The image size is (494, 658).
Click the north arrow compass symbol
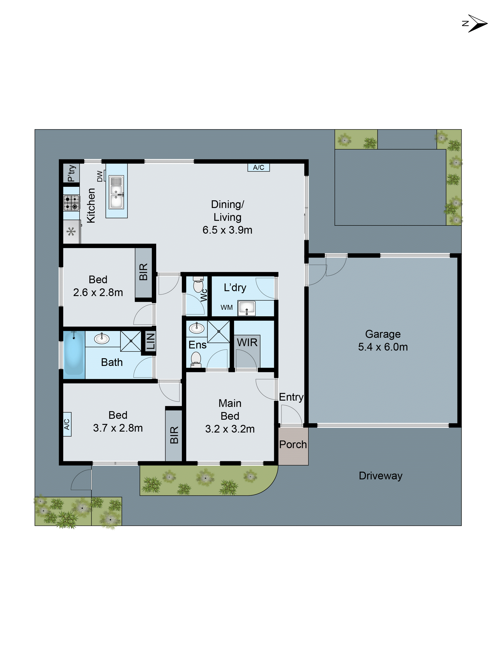[476, 23]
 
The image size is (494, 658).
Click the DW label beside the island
[100, 176]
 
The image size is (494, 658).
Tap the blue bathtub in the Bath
[74, 354]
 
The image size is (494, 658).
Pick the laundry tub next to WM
[247, 308]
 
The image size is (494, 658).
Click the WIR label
[247, 342]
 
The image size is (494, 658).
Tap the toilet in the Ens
[196, 359]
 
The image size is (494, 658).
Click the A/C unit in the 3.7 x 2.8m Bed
[67, 424]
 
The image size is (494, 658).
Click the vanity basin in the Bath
[102, 339]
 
